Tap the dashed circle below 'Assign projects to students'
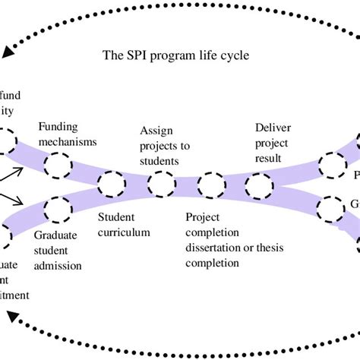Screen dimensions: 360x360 160,184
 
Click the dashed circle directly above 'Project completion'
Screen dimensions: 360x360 210,184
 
